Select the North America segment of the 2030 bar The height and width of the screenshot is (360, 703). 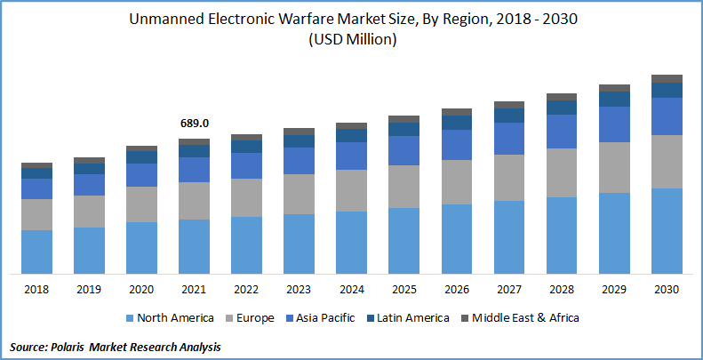pos(667,230)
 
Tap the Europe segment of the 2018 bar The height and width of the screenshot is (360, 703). pos(36,214)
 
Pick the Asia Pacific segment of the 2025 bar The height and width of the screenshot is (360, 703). pos(404,150)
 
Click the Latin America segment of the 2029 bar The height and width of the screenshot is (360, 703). pos(614,99)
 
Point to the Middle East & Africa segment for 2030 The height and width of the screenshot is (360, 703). pos(667,78)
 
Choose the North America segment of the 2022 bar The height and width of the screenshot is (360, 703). pos(246,244)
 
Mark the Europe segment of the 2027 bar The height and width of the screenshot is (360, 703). pos(509,177)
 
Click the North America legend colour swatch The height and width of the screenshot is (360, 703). pos(130,317)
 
